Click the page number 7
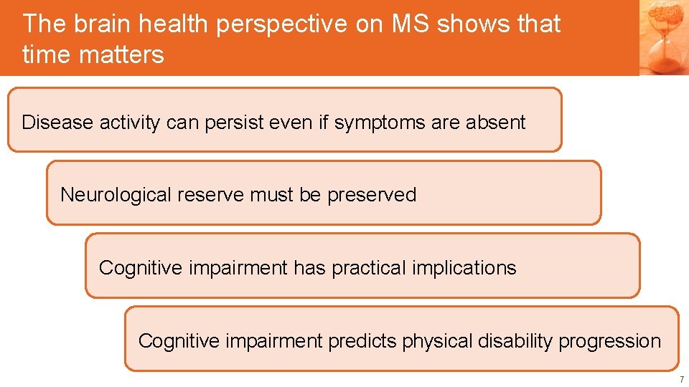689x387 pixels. (682, 379)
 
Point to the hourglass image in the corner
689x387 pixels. (664, 37)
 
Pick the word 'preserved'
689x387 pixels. (372, 195)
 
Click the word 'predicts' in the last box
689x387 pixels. (362, 341)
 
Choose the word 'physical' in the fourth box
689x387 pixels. (435, 341)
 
